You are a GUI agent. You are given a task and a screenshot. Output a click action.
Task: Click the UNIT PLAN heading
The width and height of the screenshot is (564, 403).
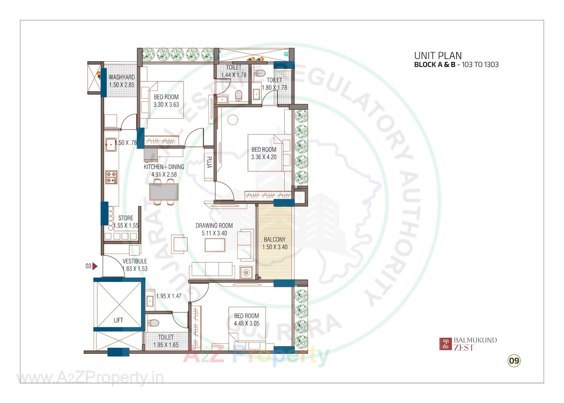438,56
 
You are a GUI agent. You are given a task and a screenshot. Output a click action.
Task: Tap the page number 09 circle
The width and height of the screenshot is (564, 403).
514,360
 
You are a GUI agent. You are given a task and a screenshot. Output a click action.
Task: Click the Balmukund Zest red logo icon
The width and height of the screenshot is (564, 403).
445,344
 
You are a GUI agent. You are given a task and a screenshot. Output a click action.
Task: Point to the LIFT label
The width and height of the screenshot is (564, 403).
118,320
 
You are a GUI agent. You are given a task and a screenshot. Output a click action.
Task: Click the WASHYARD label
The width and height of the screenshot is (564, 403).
122,77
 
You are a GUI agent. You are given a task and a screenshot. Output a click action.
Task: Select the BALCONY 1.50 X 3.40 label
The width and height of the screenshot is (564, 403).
275,243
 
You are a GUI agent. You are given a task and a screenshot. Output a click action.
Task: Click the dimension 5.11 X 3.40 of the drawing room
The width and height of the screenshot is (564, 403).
214,233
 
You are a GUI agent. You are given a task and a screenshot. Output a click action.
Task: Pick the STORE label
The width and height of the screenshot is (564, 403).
126,218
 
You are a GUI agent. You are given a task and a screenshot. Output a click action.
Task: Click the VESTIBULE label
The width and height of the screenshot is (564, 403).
135,261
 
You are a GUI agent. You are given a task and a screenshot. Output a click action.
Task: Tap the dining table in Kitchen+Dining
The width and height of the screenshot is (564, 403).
164,192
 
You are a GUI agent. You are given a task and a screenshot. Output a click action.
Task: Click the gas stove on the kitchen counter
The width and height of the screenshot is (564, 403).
111,177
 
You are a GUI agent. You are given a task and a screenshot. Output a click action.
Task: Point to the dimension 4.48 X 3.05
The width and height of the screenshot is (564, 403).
246,323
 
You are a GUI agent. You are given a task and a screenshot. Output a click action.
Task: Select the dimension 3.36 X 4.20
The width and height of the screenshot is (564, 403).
263,157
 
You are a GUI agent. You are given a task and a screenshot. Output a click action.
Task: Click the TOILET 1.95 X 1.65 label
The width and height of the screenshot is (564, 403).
166,341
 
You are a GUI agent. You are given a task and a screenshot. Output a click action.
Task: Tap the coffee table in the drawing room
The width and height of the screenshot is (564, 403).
215,245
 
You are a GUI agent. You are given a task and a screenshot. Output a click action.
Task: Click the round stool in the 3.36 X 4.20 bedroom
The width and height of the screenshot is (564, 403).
233,120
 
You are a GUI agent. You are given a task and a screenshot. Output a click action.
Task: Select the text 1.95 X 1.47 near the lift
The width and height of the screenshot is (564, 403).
169,296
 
